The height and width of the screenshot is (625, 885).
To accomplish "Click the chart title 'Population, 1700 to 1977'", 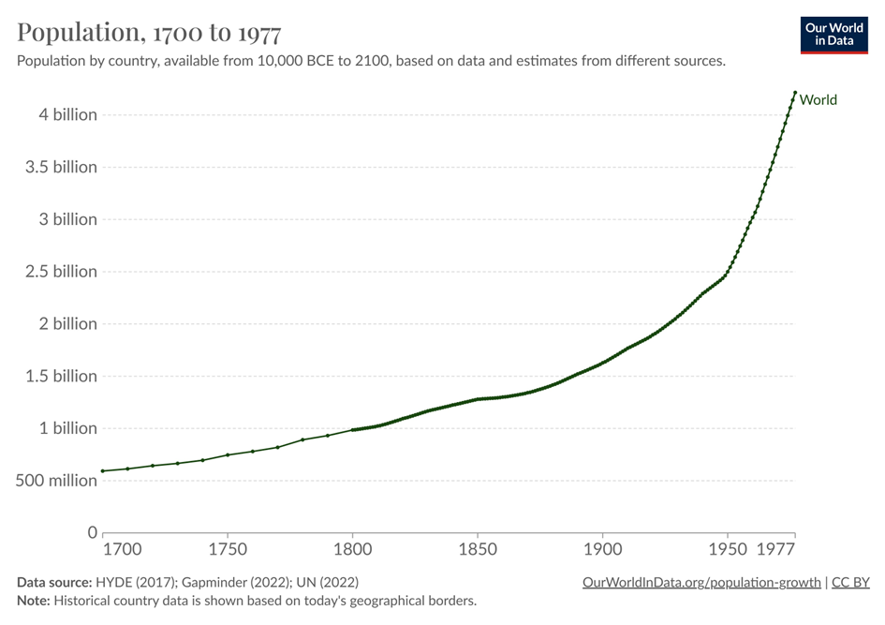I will [149, 33].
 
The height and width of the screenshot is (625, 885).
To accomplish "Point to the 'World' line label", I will [819, 100].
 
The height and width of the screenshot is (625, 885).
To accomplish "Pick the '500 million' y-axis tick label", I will [53, 481].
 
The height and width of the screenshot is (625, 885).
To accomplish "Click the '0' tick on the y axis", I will [92, 533].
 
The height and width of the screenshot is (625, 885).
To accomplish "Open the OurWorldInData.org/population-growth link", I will [701, 583].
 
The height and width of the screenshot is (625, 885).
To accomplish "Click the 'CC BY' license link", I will [850, 583].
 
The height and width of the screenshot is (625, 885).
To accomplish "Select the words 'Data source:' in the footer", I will [54, 583].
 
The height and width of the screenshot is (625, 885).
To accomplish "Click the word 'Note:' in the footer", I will [34, 601].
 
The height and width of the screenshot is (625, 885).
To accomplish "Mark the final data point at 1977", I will [795, 93].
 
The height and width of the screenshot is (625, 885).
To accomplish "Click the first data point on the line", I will [103, 470].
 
